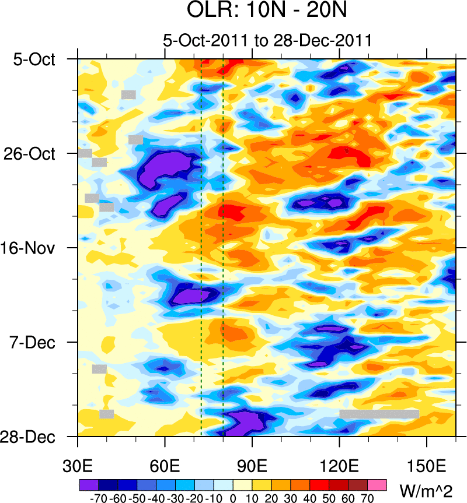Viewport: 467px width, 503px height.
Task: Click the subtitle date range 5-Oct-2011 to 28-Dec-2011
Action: (268, 41)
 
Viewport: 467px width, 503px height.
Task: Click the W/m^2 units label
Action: (426, 489)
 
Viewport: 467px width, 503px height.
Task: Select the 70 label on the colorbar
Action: (367, 498)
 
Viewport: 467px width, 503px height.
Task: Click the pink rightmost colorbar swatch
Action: (377, 484)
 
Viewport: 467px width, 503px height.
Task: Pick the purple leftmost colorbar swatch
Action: (89, 484)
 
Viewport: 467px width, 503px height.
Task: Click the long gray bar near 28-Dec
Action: (379, 414)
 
